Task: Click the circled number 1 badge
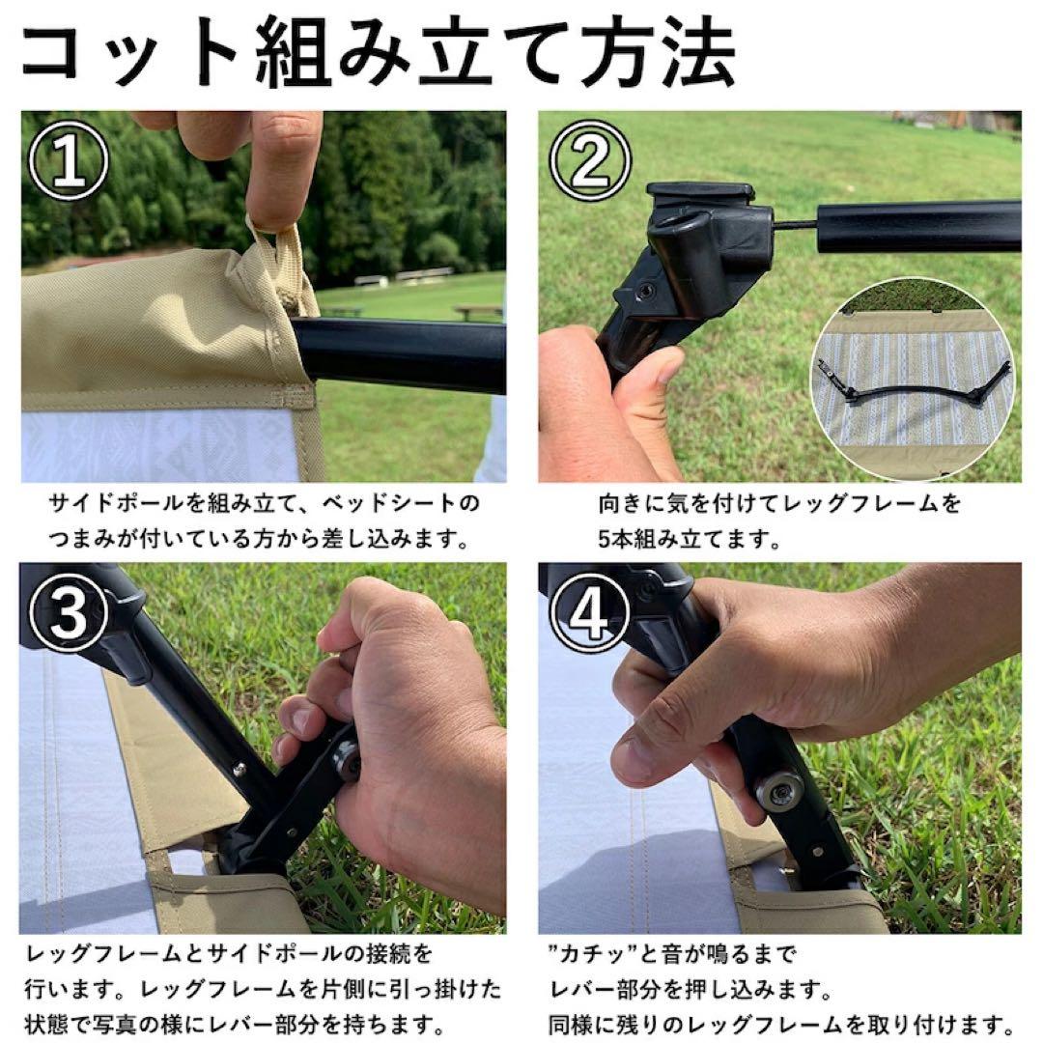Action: pyautogui.click(x=69, y=160)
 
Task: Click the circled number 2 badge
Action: pyautogui.click(x=590, y=160)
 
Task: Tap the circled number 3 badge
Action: pyautogui.click(x=69, y=612)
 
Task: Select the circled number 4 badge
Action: pyautogui.click(x=590, y=612)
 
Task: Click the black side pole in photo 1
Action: pyautogui.click(x=398, y=353)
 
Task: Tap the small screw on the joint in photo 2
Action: pyautogui.click(x=644, y=292)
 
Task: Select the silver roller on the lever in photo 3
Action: pyautogui.click(x=348, y=761)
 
